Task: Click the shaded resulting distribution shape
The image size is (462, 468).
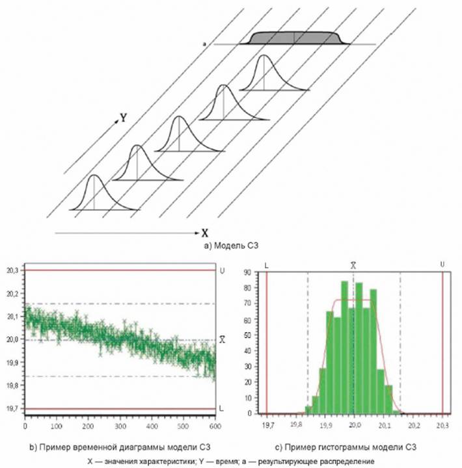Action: (x=293, y=38)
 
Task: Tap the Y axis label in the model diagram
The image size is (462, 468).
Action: (x=122, y=118)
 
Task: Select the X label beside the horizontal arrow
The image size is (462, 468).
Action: (x=204, y=232)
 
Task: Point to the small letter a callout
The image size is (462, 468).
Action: (x=204, y=44)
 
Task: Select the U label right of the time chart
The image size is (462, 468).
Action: (x=223, y=268)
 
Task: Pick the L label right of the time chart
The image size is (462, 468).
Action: (x=223, y=408)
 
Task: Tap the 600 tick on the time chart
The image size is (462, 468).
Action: (x=213, y=426)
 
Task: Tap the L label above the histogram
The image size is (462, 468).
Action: (x=267, y=264)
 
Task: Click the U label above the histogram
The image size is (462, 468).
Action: (x=442, y=264)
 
